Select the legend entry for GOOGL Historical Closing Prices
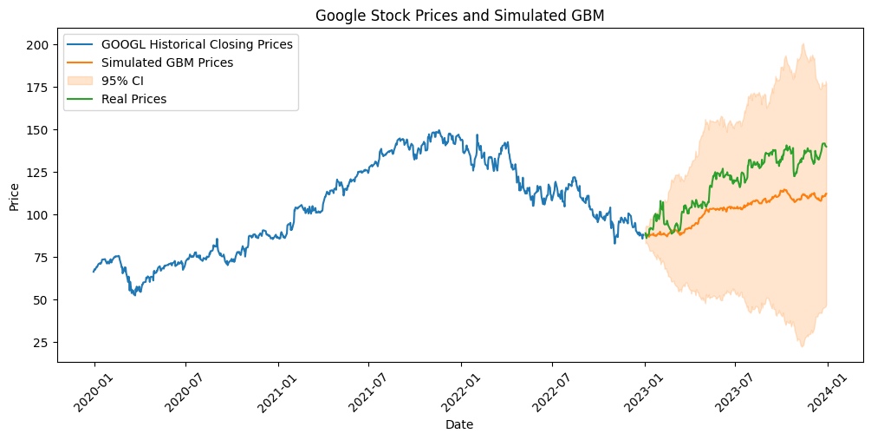pos(197,44)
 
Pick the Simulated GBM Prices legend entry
pos(167,62)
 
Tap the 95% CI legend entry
pos(122,81)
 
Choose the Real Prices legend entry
pos(133,99)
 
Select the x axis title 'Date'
pos(459,424)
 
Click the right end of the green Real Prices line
pos(827,146)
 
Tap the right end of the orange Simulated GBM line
pos(827,194)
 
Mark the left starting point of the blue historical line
pos(94,272)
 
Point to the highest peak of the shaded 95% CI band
pos(803,44)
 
